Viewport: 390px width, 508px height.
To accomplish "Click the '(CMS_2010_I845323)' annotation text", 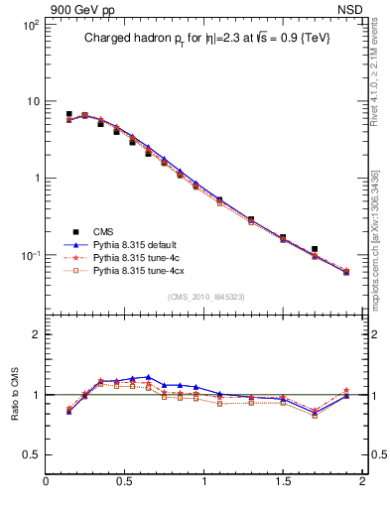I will click(205, 296).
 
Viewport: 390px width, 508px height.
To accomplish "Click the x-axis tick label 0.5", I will click(125, 484).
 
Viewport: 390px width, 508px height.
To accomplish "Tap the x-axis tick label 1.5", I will click(283, 484).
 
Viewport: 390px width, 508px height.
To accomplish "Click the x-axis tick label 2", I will click(361, 484).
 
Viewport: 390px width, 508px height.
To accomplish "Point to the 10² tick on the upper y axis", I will click(31, 24).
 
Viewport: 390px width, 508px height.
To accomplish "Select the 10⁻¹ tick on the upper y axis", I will click(31, 255).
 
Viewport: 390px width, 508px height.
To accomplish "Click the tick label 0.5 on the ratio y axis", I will click(30, 454).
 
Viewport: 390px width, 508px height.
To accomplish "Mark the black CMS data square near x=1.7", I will click(315, 249).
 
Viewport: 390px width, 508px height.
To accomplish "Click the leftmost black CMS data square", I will click(68, 115).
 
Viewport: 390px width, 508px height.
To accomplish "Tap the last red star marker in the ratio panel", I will click(346, 391).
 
